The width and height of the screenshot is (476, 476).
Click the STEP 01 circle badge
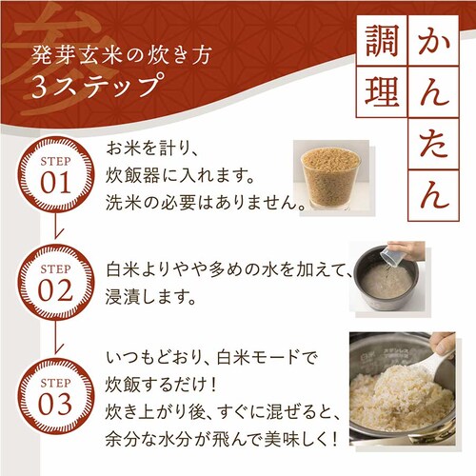click(x=55, y=175)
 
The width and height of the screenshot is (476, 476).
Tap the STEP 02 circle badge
click(x=55, y=283)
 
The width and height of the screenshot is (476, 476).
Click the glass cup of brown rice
click(x=331, y=178)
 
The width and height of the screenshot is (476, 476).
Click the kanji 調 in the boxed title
click(x=382, y=41)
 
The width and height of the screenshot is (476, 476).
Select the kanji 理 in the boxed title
click(x=382, y=91)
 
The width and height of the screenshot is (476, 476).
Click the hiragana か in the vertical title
click(x=433, y=41)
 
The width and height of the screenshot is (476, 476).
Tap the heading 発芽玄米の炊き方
click(x=121, y=55)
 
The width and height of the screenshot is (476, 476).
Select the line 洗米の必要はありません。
click(x=206, y=203)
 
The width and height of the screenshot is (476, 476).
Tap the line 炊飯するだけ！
click(x=161, y=385)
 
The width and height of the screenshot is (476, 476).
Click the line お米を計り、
click(x=152, y=149)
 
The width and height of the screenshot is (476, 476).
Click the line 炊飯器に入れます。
click(x=180, y=175)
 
